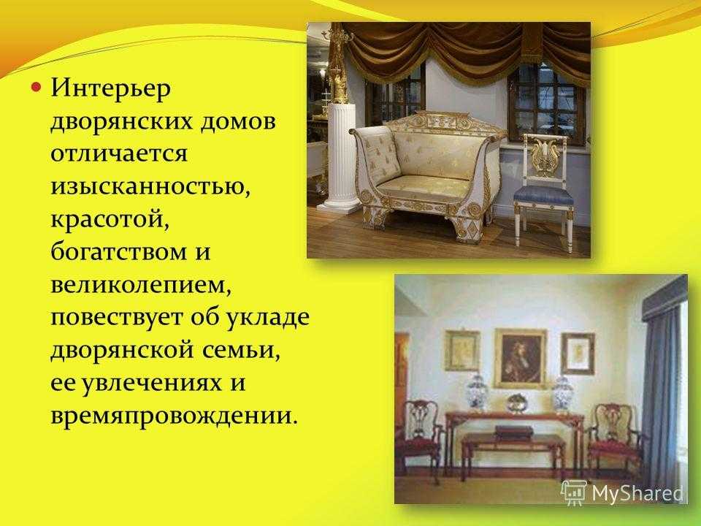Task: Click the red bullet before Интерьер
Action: [x=37, y=86]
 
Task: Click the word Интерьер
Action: [x=110, y=88]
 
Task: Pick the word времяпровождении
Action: [x=174, y=416]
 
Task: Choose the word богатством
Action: [x=117, y=251]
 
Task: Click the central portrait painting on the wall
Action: [x=520, y=359]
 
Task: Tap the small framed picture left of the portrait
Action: [x=462, y=351]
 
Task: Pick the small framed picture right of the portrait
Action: [x=578, y=354]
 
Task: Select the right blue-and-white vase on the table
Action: [x=563, y=394]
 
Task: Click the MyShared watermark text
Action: [x=637, y=493]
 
